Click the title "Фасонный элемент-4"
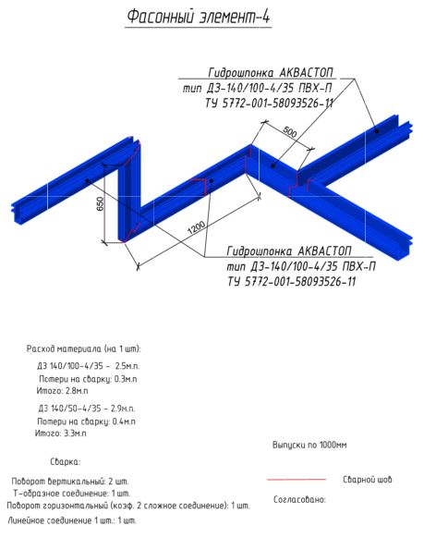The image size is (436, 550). pos(199,17)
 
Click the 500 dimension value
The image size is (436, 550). pos(289,131)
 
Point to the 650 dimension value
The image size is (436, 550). pos(101,203)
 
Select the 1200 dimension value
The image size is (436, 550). pos(196,228)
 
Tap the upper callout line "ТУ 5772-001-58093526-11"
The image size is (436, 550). pos(269,104)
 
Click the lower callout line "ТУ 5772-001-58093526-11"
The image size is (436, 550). pos(292,281)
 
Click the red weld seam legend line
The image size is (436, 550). pos(297,479)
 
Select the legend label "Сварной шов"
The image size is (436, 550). pos(368,479)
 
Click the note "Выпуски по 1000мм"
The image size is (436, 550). pos(309,445)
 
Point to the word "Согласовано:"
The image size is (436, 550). pos(299,499)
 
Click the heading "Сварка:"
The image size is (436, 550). pos(66,461)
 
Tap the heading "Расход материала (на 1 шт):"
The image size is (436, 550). pos(84,349)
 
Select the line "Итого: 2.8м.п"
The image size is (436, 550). pos(62,390)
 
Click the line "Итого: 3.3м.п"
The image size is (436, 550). pos(61,434)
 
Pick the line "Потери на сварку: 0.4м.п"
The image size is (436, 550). pos(86,422)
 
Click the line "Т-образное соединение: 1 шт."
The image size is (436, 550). pos(72,494)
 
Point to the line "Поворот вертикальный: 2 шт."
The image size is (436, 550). pos(70,481)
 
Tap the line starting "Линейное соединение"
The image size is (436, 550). pos(72,520)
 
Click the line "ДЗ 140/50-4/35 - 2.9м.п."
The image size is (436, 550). pos(86,409)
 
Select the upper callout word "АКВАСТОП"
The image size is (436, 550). pos(307,73)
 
